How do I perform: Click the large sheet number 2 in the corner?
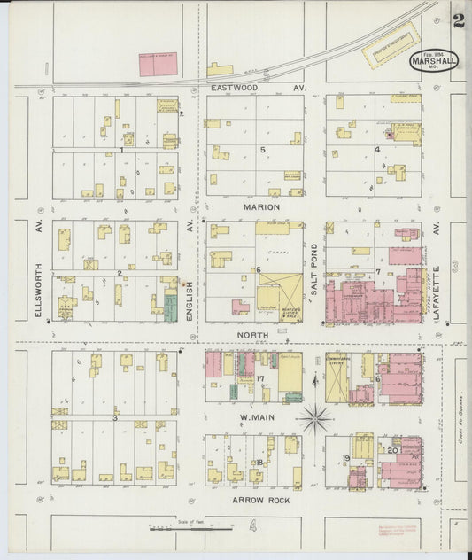458,20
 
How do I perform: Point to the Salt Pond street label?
313,264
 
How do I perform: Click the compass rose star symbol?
315,417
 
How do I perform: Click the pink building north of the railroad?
158,64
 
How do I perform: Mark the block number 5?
262,150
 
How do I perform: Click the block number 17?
260,379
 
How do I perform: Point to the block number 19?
346,458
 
